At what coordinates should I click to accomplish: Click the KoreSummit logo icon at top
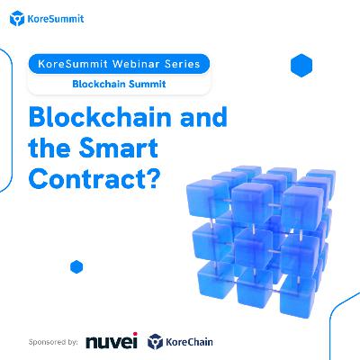17,19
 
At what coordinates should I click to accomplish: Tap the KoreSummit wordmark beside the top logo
56,19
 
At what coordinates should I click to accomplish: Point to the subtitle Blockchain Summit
119,84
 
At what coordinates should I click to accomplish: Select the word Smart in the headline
119,148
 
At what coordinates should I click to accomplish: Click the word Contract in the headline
88,178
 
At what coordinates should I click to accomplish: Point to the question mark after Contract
153,178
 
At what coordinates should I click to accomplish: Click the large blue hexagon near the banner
301,66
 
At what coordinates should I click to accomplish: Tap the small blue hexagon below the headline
76,266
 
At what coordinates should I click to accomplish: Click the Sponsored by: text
53,342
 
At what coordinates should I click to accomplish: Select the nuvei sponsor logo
112,341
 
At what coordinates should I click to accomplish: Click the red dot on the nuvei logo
135,334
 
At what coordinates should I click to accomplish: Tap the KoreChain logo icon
155,342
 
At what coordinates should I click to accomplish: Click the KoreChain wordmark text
189,342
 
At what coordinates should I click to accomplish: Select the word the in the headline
51,148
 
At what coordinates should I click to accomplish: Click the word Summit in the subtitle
147,84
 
